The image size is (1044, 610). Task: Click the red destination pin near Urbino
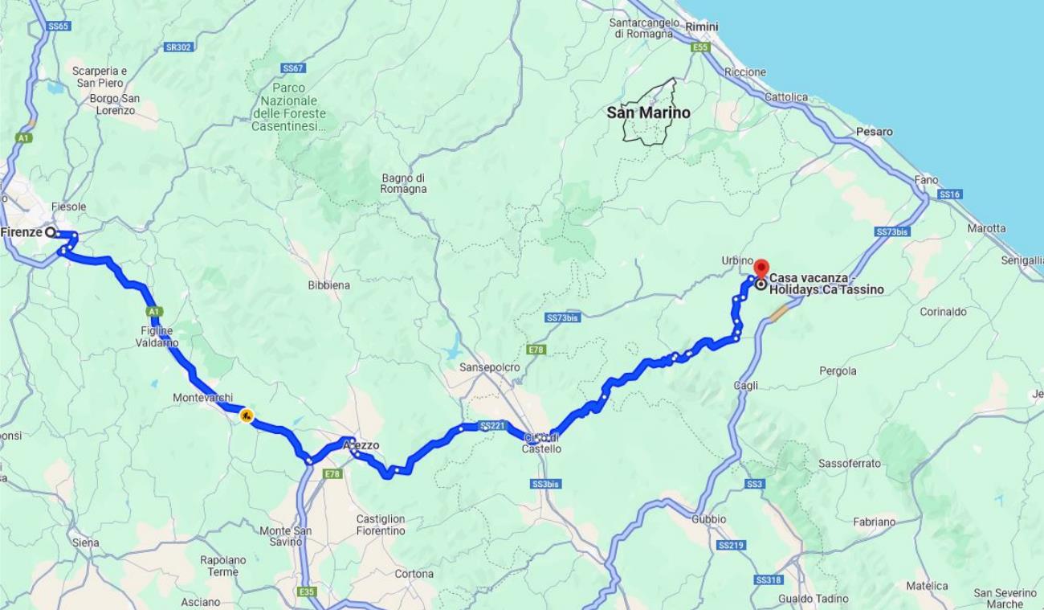(x=761, y=268)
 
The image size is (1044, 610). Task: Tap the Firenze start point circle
(x=51, y=232)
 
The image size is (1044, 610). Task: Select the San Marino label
(x=648, y=113)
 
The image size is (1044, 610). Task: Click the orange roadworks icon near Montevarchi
(x=247, y=416)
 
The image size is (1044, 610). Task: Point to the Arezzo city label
(x=361, y=445)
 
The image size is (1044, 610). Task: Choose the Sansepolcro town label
(x=489, y=367)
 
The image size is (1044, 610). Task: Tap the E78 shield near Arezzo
(x=332, y=474)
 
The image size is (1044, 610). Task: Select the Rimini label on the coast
(x=701, y=27)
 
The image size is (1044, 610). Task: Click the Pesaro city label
(x=874, y=131)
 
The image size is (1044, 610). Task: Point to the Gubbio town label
(x=708, y=519)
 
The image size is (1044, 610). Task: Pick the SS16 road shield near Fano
(x=949, y=194)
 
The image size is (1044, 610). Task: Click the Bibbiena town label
(x=328, y=285)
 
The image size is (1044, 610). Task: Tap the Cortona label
(x=414, y=574)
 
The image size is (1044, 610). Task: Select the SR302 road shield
(x=178, y=47)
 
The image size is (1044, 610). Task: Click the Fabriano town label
(x=874, y=522)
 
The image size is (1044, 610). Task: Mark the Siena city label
(x=85, y=542)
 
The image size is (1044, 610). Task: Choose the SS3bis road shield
(x=545, y=484)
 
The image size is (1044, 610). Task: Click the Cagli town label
(x=745, y=386)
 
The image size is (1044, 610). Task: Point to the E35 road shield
(x=307, y=592)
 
